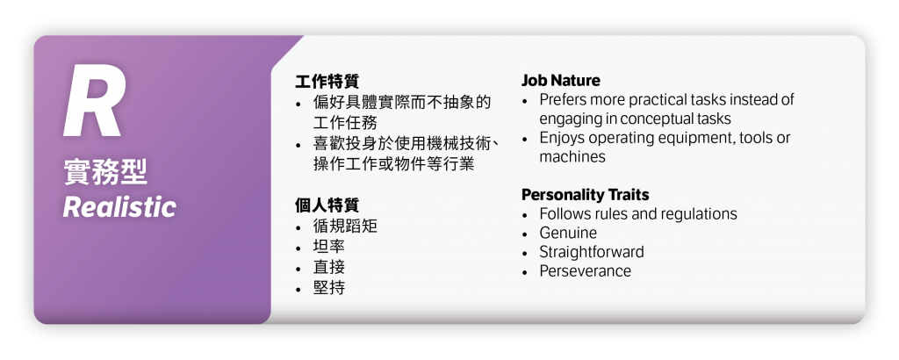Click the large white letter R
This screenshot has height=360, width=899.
93,104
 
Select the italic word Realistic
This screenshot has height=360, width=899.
119,207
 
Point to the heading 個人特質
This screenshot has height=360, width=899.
327,205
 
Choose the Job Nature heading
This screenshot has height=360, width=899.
561,80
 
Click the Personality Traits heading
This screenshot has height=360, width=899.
586,194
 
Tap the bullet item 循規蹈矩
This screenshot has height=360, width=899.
345,226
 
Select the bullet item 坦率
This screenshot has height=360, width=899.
329,246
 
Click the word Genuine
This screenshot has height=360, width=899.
568,233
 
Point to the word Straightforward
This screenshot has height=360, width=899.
592,252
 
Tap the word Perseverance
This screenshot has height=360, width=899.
585,271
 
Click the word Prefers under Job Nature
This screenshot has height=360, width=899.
565,100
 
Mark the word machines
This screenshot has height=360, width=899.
572,157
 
